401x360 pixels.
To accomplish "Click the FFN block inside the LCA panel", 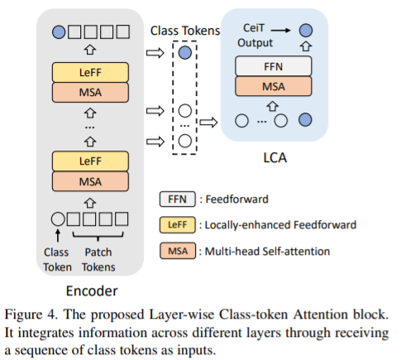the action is coord(274,66).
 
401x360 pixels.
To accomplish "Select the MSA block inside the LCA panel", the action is coord(274,86).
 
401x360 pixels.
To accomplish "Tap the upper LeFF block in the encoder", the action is coord(90,72).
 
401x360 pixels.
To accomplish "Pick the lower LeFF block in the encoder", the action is coord(90,161).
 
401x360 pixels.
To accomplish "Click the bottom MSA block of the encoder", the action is coord(90,181).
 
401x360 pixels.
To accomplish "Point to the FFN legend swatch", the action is coord(178,199).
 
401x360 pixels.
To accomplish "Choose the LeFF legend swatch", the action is coord(178,225).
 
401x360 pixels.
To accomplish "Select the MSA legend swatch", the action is coord(178,251).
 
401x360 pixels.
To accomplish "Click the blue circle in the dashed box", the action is coord(185,52).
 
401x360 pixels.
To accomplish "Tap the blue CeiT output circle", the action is coord(306,30).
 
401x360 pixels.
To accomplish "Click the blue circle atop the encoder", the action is coord(59,32).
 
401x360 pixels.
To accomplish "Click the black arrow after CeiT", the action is coord(280,30).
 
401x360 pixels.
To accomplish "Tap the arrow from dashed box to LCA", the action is coord(208,122).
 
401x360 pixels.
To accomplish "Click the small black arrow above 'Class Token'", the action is coord(58,236).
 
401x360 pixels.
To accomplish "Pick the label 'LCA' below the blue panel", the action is coord(275,158).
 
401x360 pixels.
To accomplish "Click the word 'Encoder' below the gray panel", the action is coord(92,291).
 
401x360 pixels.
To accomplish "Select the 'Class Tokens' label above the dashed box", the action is coord(185,31).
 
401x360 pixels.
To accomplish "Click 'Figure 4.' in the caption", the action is coord(31,314).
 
